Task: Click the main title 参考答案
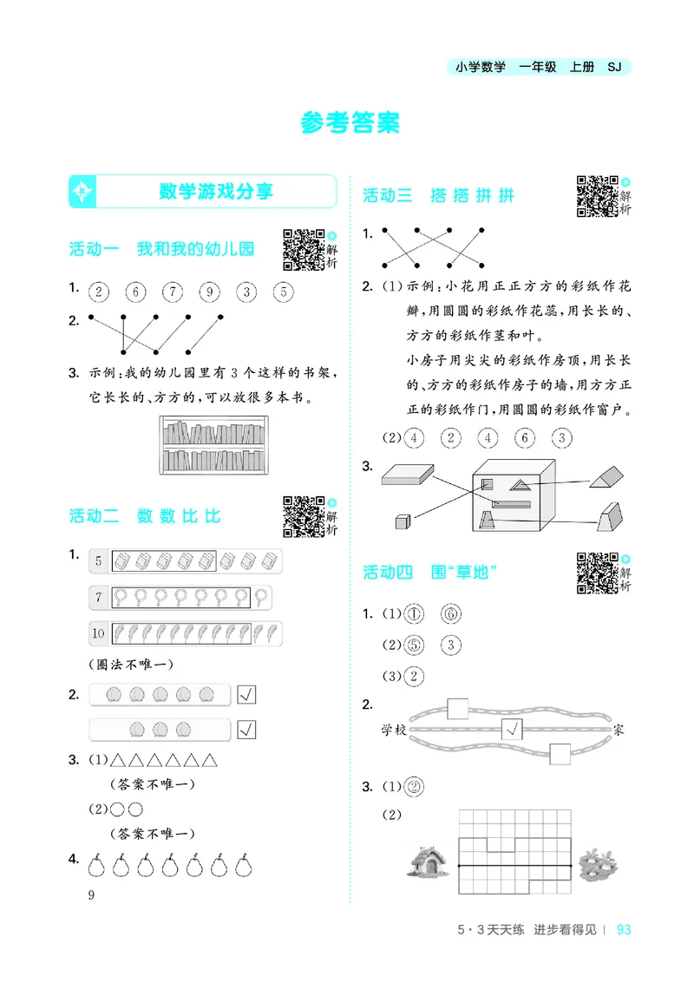(350, 123)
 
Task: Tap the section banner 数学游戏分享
(216, 191)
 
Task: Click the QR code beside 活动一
(303, 249)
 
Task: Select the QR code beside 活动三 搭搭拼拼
(597, 195)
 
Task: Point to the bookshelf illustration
(214, 444)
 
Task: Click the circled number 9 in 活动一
(210, 292)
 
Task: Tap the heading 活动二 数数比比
(145, 516)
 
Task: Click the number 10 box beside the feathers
(99, 633)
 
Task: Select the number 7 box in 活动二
(99, 597)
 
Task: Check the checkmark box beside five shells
(246, 694)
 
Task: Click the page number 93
(622, 930)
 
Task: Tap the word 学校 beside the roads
(393, 731)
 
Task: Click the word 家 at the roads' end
(618, 731)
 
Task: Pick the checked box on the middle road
(512, 731)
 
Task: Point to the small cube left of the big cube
(402, 521)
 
